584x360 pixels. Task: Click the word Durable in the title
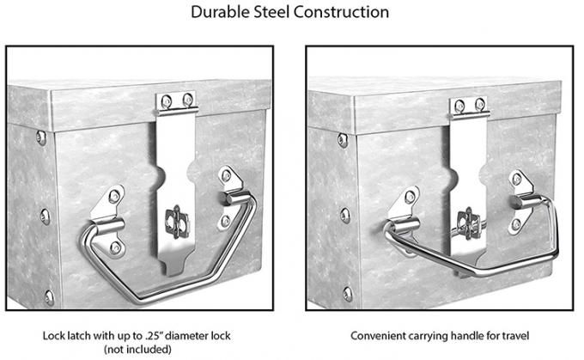(x=220, y=12)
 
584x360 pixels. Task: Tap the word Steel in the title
(x=271, y=12)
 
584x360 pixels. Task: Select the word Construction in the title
(x=341, y=12)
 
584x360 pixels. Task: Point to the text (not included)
(x=137, y=350)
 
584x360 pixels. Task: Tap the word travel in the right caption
(x=515, y=336)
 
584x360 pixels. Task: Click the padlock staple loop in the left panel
(x=177, y=222)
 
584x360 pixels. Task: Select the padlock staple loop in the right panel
(x=468, y=223)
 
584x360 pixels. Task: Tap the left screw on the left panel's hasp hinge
(x=166, y=101)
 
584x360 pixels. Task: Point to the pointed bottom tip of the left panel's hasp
(x=172, y=275)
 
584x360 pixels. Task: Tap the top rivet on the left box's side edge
(x=41, y=137)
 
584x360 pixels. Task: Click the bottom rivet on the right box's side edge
(x=348, y=294)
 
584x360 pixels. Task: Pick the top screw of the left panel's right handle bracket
(x=226, y=175)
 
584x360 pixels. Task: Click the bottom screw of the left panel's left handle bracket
(x=115, y=247)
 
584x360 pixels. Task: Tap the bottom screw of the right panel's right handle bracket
(x=516, y=225)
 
